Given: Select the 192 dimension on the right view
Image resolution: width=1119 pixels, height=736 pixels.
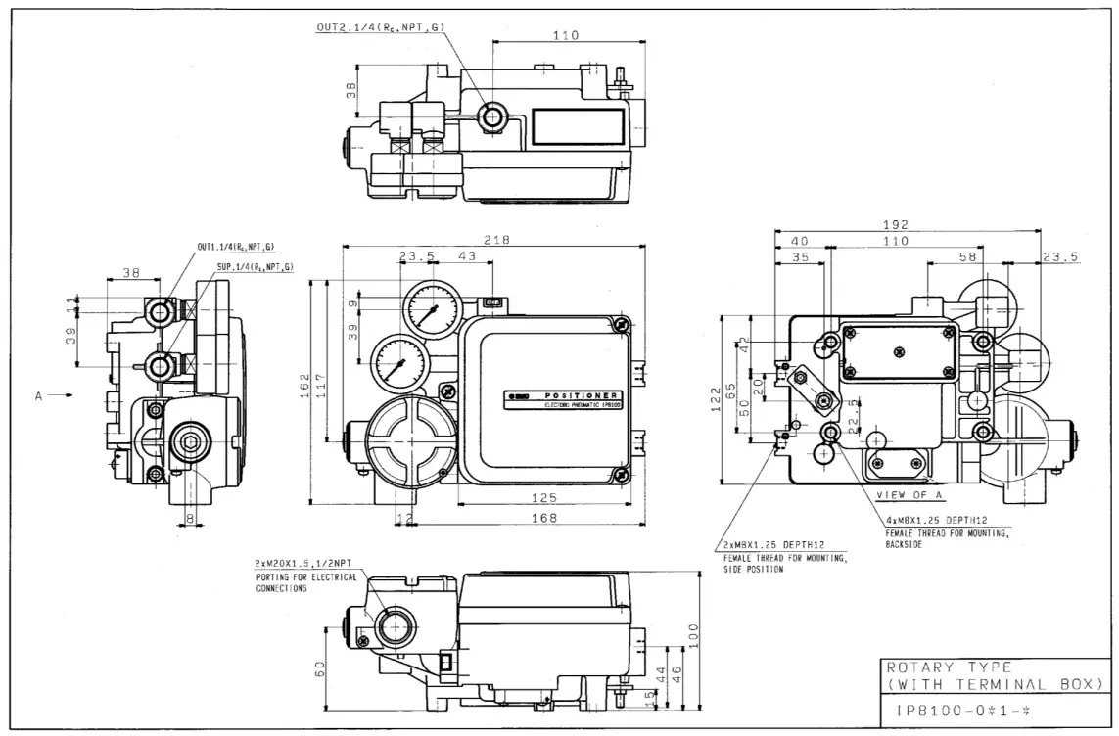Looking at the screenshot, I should coord(896,224).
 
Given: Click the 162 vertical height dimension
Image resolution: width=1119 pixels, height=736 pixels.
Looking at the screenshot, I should coord(304,384).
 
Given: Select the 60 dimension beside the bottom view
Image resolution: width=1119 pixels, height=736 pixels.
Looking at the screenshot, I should coord(319,667).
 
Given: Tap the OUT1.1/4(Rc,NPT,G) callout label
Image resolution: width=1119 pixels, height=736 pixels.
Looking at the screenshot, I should coord(236,247).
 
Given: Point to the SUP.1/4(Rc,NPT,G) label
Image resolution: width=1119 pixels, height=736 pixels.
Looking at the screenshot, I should coord(256,266).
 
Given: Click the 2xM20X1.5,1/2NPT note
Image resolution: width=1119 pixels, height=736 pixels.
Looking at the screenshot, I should coord(304,565).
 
